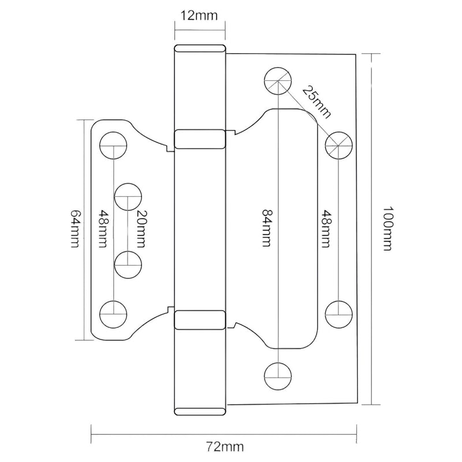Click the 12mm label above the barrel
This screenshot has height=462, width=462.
click(197, 16)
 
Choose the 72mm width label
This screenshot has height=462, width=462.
click(226, 446)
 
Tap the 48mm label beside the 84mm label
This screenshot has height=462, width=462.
click(326, 228)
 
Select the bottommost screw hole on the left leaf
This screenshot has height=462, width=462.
click(113, 313)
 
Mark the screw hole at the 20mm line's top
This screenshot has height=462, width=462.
click(128, 196)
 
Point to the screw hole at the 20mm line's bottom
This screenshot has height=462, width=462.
click(128, 264)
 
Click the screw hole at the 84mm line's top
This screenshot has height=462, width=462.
click(278, 81)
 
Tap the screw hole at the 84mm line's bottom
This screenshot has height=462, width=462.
click(278, 376)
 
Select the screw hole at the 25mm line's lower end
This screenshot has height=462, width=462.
click(337, 144)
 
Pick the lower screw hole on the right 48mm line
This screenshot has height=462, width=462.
click(337, 313)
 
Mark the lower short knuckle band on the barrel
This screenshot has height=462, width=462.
click(199, 319)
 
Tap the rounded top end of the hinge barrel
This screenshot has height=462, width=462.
click(199, 49)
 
